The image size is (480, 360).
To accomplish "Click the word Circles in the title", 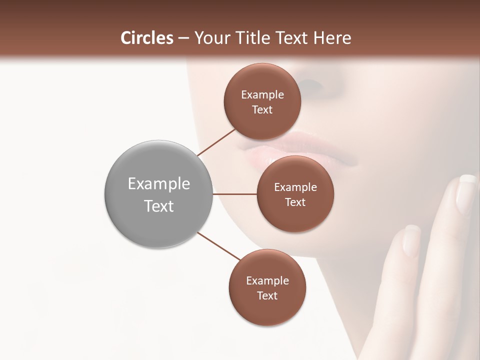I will (x=147, y=38).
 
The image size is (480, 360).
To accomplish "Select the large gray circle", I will (x=158, y=194).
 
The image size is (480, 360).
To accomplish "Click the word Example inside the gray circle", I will (x=158, y=184).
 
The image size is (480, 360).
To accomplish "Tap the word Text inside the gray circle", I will (x=158, y=206).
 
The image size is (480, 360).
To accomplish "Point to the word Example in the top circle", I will (x=262, y=95).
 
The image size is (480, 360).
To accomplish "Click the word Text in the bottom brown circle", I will (x=267, y=295).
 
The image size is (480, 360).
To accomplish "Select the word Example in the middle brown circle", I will (x=295, y=187).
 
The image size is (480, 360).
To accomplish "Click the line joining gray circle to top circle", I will (x=216, y=142).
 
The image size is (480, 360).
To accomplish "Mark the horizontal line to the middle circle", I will (x=234, y=194).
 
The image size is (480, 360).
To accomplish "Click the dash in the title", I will (x=183, y=38).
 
